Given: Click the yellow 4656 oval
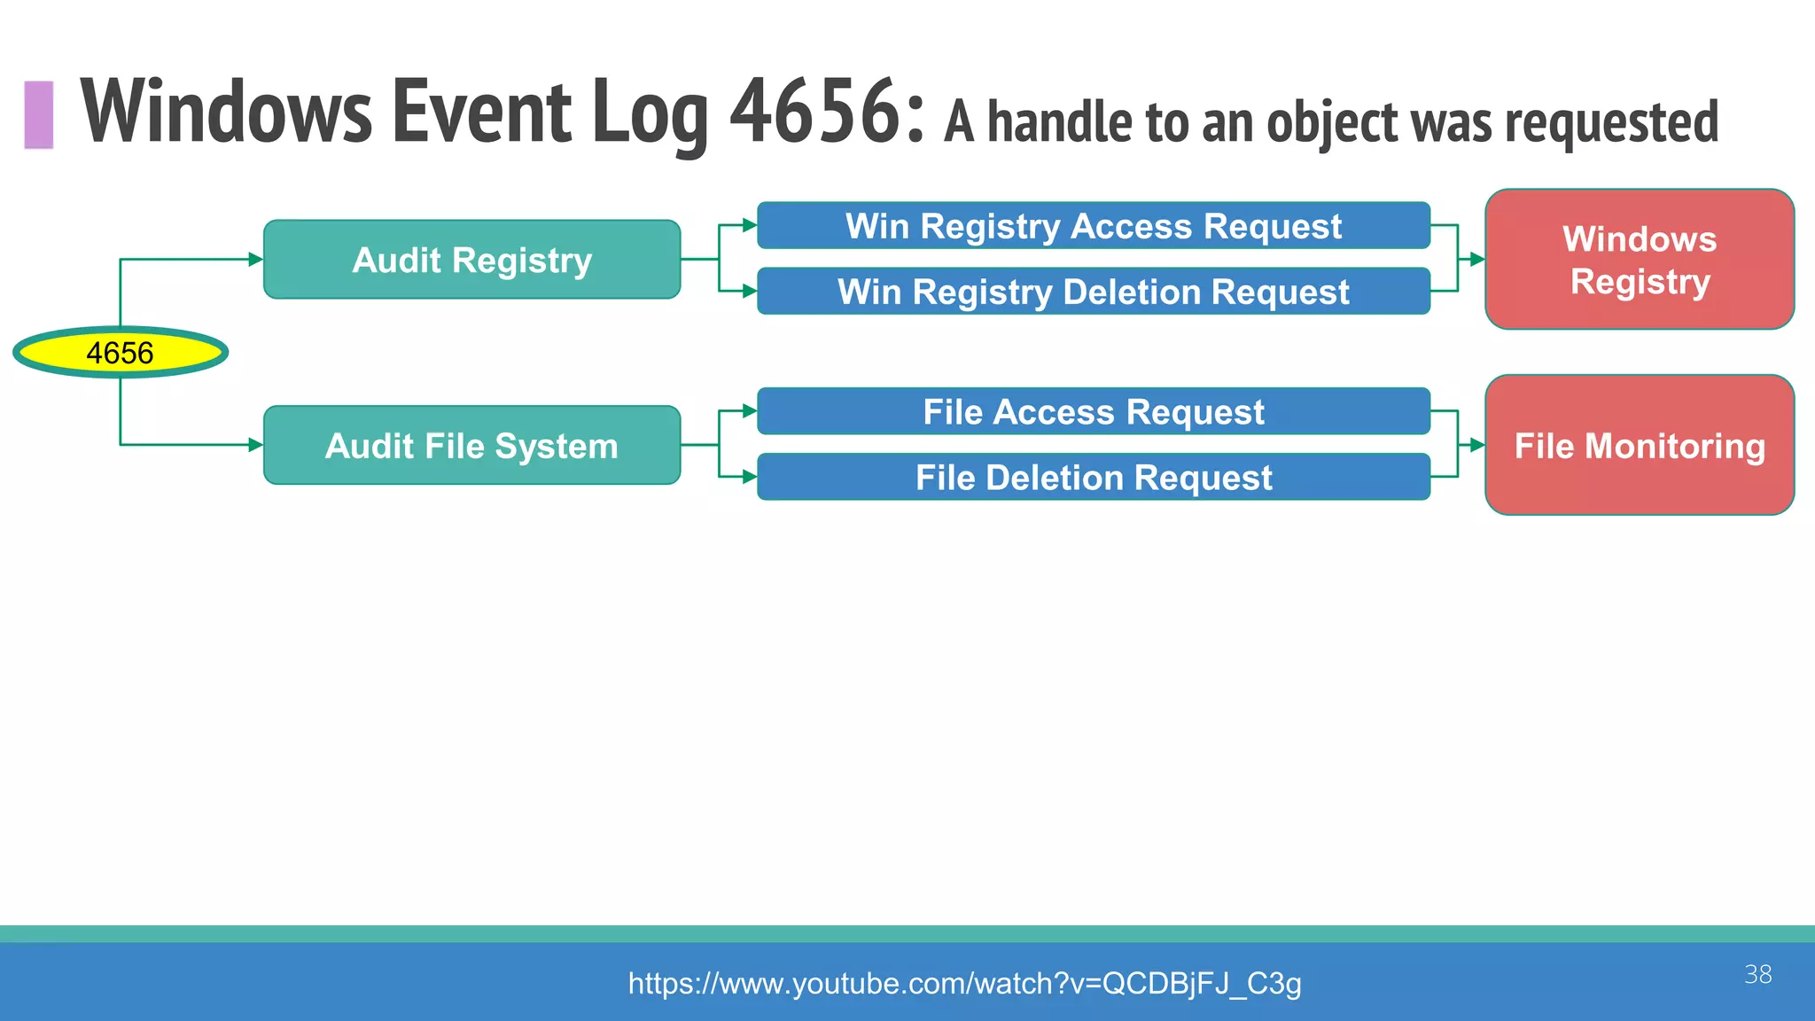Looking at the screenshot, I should [121, 353].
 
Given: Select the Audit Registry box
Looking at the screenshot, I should [471, 260].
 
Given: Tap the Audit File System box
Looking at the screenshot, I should [471, 445].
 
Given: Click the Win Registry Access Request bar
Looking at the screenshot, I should [1093, 226].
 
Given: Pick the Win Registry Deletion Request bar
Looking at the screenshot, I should [1093, 292].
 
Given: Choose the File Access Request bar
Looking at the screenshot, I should [1093, 411].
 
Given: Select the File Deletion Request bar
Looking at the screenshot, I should [1093, 477].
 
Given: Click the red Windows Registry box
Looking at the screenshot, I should [1639, 260].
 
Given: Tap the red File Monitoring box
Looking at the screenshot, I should [1639, 445].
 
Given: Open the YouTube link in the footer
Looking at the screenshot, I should [964, 983].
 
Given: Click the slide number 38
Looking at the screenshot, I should [1757, 974].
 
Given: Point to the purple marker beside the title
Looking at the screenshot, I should [39, 114].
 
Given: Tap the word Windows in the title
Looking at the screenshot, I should [227, 112].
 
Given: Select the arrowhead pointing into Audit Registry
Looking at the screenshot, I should [255, 260].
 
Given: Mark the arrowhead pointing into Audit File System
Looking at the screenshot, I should [255, 445].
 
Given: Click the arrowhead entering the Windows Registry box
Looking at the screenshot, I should [1476, 260].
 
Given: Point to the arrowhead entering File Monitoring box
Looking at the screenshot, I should [1476, 445].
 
